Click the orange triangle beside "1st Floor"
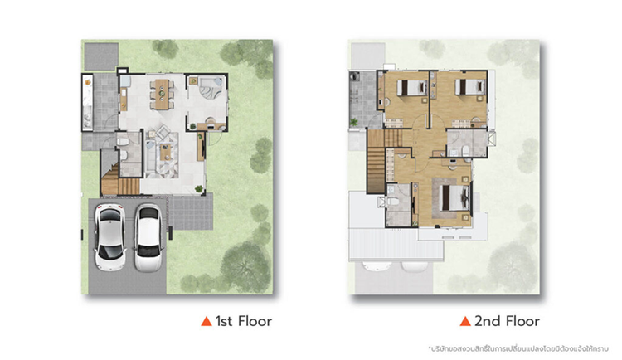207,321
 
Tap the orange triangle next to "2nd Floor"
465,321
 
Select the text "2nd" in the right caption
486,321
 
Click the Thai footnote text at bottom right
518,349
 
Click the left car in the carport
109,237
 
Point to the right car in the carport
148,238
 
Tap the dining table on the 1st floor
162,94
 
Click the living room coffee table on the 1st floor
165,152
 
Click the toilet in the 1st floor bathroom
122,141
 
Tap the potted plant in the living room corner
199,189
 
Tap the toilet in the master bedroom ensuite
392,202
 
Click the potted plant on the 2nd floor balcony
353,122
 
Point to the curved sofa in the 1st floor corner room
209,90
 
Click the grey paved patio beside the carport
191,212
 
